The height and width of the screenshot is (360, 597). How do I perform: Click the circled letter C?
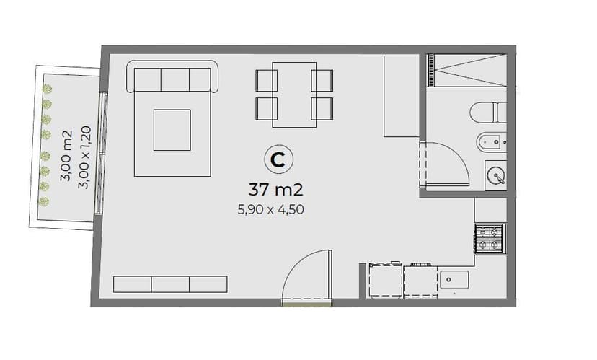click(x=279, y=159)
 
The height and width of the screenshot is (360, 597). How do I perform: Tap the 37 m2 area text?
click(x=275, y=189)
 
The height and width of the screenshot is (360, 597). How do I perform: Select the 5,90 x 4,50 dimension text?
click(x=270, y=209)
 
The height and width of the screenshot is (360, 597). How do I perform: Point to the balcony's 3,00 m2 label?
click(x=66, y=156)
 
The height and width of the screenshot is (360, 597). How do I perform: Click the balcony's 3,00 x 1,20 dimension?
click(x=84, y=157)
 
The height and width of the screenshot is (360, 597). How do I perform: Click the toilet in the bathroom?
click(x=488, y=113)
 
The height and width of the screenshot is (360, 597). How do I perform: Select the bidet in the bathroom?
click(x=491, y=143)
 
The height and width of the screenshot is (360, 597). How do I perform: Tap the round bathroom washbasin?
click(x=496, y=175)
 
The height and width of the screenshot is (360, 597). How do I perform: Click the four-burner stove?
click(x=490, y=238)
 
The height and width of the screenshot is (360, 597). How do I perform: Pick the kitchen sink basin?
click(x=454, y=280)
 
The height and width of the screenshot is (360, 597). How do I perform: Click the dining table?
click(x=294, y=95)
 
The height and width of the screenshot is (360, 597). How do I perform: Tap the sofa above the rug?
click(x=172, y=76)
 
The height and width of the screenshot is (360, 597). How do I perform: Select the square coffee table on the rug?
click(x=172, y=130)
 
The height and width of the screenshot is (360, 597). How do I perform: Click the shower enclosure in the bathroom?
click(x=466, y=71)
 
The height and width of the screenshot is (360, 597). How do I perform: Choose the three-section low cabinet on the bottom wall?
click(x=170, y=284)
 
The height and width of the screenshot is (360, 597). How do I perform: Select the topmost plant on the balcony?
click(x=47, y=89)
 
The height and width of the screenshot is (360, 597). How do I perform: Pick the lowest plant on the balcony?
click(x=44, y=201)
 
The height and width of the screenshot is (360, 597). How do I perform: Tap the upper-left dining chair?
click(x=266, y=80)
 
